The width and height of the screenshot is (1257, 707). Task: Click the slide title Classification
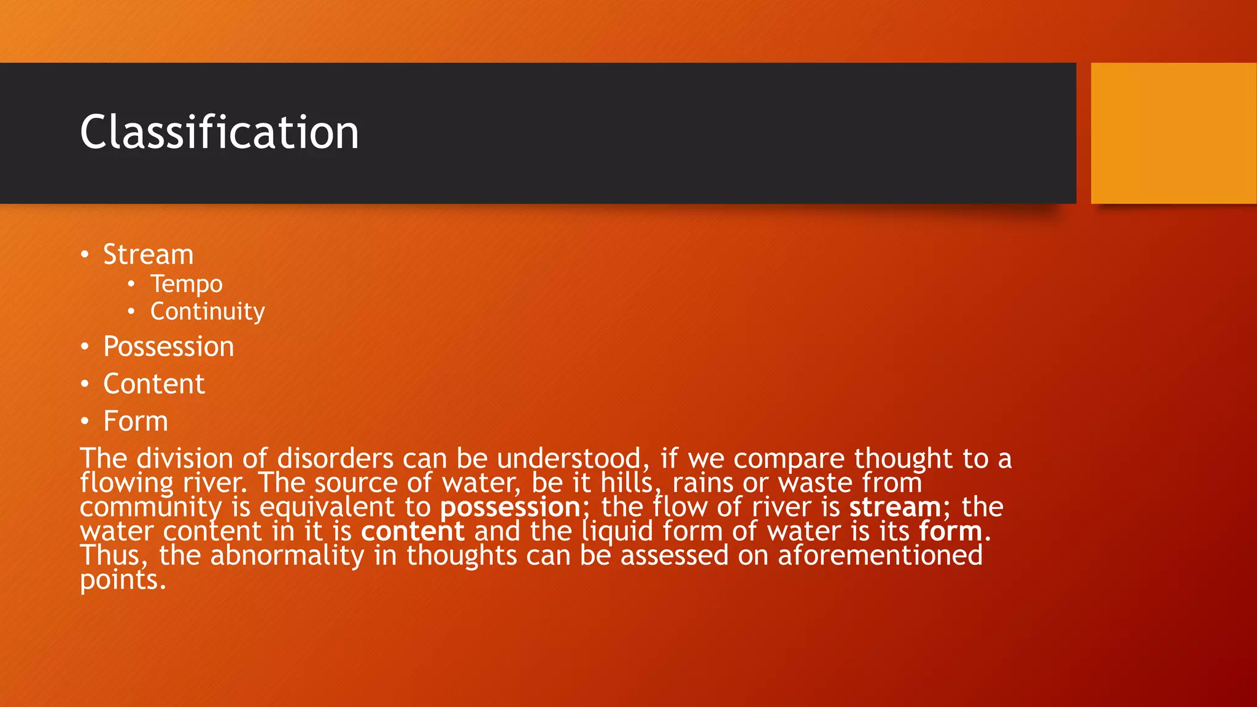pyautogui.click(x=219, y=133)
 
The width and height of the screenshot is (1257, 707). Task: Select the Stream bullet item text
pyautogui.click(x=148, y=255)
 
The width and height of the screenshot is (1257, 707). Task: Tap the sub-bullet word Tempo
pyautogui.click(x=186, y=284)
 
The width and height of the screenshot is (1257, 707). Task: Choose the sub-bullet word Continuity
pyautogui.click(x=207, y=312)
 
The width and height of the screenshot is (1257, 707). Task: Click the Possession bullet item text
pyautogui.click(x=168, y=347)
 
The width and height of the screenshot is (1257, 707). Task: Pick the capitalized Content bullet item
pyautogui.click(x=153, y=384)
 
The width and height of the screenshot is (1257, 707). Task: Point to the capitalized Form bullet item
pyautogui.click(x=135, y=422)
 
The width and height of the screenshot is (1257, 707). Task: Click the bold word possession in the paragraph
pyautogui.click(x=510, y=508)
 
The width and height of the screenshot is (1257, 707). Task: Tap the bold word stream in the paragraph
pyautogui.click(x=895, y=508)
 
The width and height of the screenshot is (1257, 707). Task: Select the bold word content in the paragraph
pyautogui.click(x=412, y=531)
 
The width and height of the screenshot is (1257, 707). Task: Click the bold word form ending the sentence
pyautogui.click(x=951, y=531)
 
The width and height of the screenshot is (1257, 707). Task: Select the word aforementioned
pyautogui.click(x=880, y=555)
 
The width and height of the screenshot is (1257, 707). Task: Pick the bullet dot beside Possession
pyautogui.click(x=85, y=347)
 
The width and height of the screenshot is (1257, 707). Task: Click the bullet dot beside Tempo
pyautogui.click(x=131, y=284)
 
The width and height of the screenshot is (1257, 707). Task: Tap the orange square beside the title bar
pyautogui.click(x=1174, y=133)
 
